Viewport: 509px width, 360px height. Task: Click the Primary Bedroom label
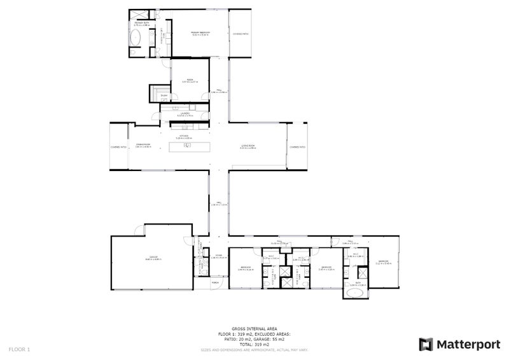[x=200, y=32]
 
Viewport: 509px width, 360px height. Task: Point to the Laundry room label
[x=185, y=114]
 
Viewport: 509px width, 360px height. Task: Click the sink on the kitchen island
[x=188, y=146]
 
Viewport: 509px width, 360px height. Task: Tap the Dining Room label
[x=143, y=145]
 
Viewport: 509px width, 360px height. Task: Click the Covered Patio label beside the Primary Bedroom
[x=241, y=34]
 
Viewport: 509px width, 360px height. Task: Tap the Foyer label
[x=218, y=256]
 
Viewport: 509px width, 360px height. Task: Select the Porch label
[x=215, y=282]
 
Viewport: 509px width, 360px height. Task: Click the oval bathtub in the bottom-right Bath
[x=356, y=296]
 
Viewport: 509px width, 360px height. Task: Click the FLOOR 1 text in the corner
[x=19, y=349]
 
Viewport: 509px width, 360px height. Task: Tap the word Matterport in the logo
[x=468, y=344]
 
